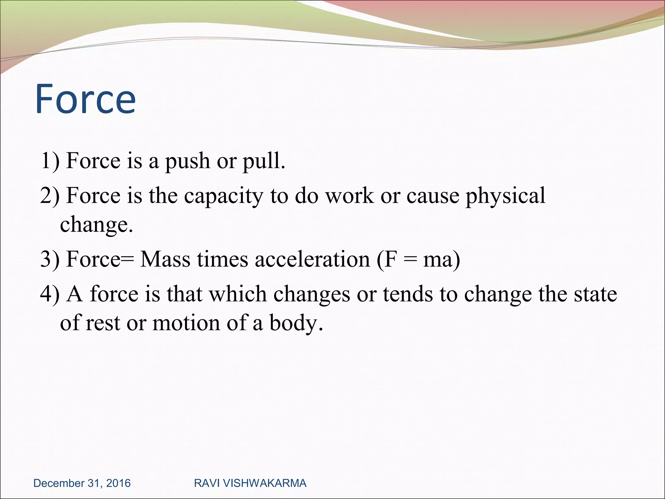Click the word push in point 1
point(187,161)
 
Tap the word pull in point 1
point(263,161)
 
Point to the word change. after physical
point(96,225)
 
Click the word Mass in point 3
point(165,259)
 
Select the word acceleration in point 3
point(312,260)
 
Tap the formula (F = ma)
point(418,260)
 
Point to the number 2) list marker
point(50,196)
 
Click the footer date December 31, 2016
point(82,483)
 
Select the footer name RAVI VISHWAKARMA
point(250,483)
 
